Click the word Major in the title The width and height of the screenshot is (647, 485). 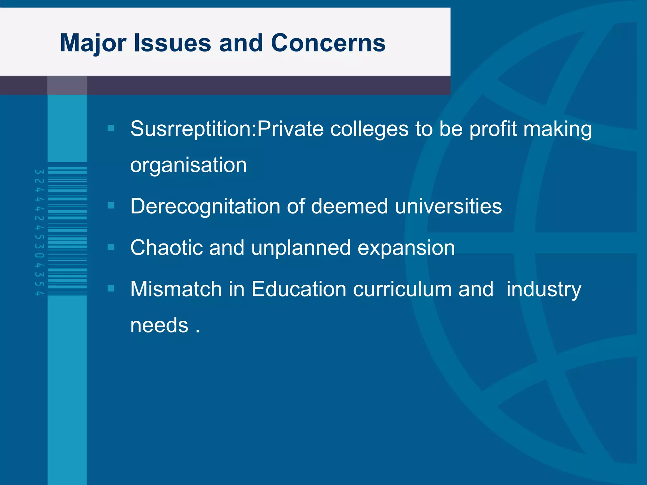[x=93, y=43]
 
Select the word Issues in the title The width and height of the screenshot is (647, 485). [x=172, y=43]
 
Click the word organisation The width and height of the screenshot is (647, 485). [x=188, y=165]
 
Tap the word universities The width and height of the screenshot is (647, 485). [x=448, y=207]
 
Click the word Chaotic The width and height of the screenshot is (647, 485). [x=166, y=248]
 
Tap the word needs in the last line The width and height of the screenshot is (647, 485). [x=159, y=326]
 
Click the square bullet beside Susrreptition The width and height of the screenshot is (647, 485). [x=111, y=128]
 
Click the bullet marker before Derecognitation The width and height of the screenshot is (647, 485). [x=111, y=206]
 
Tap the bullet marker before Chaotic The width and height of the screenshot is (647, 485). [x=111, y=247]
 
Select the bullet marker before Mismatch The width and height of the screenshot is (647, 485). [x=111, y=288]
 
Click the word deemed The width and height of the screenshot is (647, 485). [x=349, y=207]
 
